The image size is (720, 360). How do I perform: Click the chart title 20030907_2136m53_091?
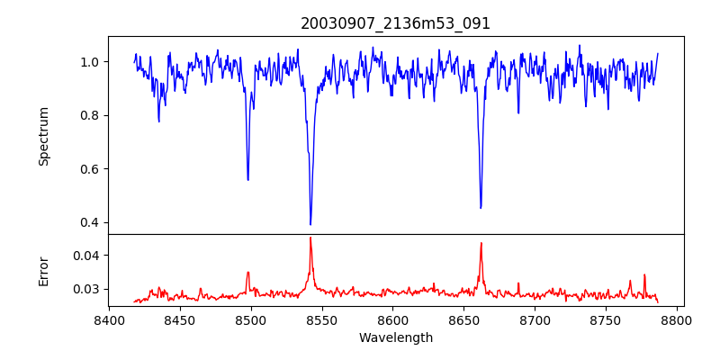(x=395, y=23)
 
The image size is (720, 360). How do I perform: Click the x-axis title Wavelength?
(x=395, y=337)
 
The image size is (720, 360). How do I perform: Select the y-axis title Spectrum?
(x=44, y=136)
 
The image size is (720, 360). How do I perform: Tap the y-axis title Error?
(x=44, y=270)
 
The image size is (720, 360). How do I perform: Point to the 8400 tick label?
(x=109, y=319)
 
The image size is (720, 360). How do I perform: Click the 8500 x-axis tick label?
(x=250, y=319)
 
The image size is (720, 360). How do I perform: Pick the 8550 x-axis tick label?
(x=321, y=319)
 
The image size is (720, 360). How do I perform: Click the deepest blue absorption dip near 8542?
(x=310, y=224)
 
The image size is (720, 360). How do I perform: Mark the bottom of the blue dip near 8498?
(x=247, y=180)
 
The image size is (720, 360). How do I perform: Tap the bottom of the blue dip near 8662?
(x=481, y=208)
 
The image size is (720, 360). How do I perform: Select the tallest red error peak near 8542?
(x=310, y=238)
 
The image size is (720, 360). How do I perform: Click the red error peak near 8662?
(x=481, y=243)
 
